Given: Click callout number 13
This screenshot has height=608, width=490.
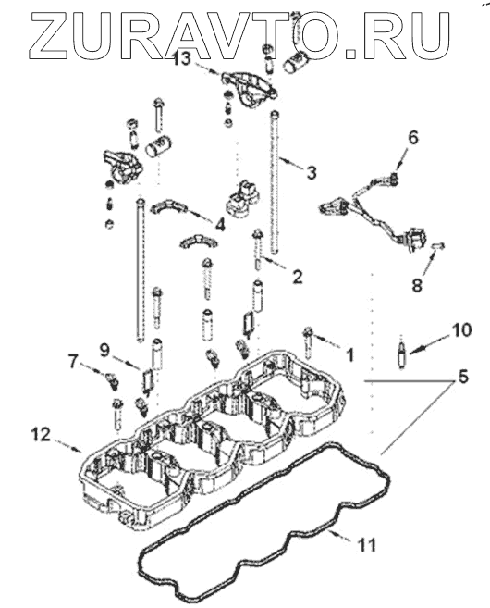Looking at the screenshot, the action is (182, 59).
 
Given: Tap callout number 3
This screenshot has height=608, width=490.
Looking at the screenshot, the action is (312, 172).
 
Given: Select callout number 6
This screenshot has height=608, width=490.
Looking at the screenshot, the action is (413, 137).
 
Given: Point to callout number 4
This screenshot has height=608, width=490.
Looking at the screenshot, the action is (220, 224).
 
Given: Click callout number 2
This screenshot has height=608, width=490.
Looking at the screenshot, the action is (297, 277).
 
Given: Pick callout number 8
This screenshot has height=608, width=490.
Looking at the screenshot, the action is (417, 286).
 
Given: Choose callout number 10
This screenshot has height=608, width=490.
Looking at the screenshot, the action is (460, 330).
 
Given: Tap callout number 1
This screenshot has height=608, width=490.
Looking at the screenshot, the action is (349, 354).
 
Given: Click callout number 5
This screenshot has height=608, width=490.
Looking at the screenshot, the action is (463, 377).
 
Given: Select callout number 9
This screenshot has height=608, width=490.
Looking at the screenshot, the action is (104, 351).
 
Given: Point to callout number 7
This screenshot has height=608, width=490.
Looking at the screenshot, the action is (73, 362).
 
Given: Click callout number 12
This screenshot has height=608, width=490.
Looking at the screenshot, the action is (41, 434).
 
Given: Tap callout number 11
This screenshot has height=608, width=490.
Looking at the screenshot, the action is (366, 545).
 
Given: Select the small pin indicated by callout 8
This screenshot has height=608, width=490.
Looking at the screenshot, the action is (437, 245).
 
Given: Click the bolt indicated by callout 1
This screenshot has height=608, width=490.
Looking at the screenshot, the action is (309, 342).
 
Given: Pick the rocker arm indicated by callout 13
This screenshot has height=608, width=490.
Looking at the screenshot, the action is (249, 89).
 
